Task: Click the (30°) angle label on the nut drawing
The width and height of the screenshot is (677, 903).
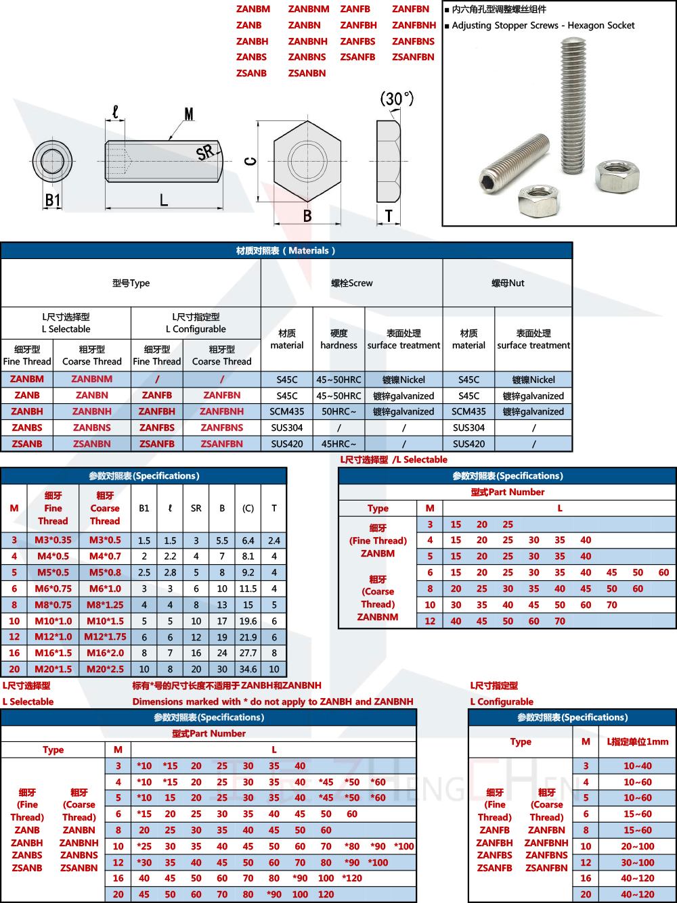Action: (x=397, y=99)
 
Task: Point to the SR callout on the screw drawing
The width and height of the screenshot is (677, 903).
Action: (x=205, y=153)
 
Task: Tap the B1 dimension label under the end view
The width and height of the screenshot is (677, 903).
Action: (x=53, y=200)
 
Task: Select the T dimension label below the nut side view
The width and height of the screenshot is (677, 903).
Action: (x=389, y=216)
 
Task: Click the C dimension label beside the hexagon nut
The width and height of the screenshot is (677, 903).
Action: (x=250, y=161)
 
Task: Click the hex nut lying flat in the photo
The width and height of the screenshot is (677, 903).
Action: (x=538, y=201)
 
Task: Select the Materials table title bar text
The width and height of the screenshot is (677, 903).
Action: (x=286, y=251)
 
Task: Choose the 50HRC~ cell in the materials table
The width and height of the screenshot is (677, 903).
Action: (x=338, y=411)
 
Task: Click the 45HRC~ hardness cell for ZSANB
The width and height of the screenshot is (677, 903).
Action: (x=338, y=444)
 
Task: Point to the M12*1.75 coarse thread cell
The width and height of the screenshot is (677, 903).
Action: (x=105, y=636)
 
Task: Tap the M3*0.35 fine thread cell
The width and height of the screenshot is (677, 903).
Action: (x=53, y=540)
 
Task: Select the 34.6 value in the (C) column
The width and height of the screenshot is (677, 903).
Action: (x=248, y=669)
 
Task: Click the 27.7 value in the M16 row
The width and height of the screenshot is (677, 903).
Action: (x=248, y=653)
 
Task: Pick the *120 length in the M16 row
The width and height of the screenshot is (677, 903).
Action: (x=352, y=878)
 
